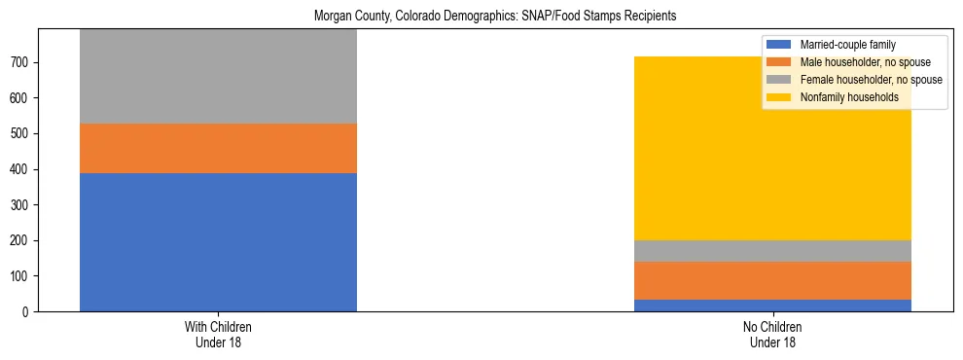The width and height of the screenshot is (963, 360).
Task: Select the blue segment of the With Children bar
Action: coord(218,242)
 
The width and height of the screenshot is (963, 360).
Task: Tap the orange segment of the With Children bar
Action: coord(218,148)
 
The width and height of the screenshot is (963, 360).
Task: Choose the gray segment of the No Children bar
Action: coord(772,251)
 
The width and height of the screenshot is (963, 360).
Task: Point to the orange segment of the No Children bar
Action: coord(772,280)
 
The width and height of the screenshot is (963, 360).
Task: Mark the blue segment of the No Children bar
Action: coord(772,306)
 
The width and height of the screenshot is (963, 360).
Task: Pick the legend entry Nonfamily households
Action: coord(847,97)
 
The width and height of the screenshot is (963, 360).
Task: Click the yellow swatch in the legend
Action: coord(778,97)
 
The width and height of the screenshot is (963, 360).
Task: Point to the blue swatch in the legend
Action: coord(778,45)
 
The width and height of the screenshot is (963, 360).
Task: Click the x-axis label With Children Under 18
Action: coord(218,334)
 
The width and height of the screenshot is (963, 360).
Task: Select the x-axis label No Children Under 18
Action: coord(772,334)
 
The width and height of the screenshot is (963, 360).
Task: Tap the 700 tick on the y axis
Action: coord(23,62)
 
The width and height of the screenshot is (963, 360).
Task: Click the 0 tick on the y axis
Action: coord(29,311)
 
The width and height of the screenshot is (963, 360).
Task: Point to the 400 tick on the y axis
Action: coord(23,169)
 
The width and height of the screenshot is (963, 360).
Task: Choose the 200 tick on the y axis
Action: coord(23,240)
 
